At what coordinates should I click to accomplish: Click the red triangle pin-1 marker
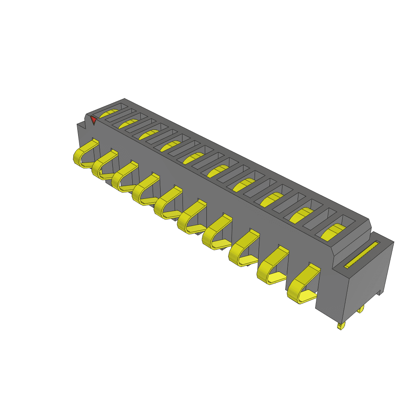point(93,119)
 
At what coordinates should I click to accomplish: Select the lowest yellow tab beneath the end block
point(340,326)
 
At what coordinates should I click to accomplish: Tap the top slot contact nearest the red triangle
point(110,113)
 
